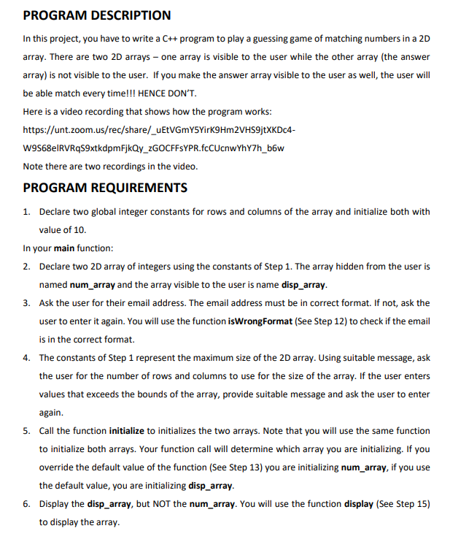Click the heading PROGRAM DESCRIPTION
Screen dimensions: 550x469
pyautogui.click(x=97, y=15)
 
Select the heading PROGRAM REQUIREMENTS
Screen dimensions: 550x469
pyautogui.click(x=105, y=188)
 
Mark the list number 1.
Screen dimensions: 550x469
pyautogui.click(x=26, y=212)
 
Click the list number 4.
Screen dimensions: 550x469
pyautogui.click(x=26, y=358)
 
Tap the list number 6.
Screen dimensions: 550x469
pyautogui.click(x=26, y=504)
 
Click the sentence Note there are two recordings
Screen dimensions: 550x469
pyautogui.click(x=110, y=166)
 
